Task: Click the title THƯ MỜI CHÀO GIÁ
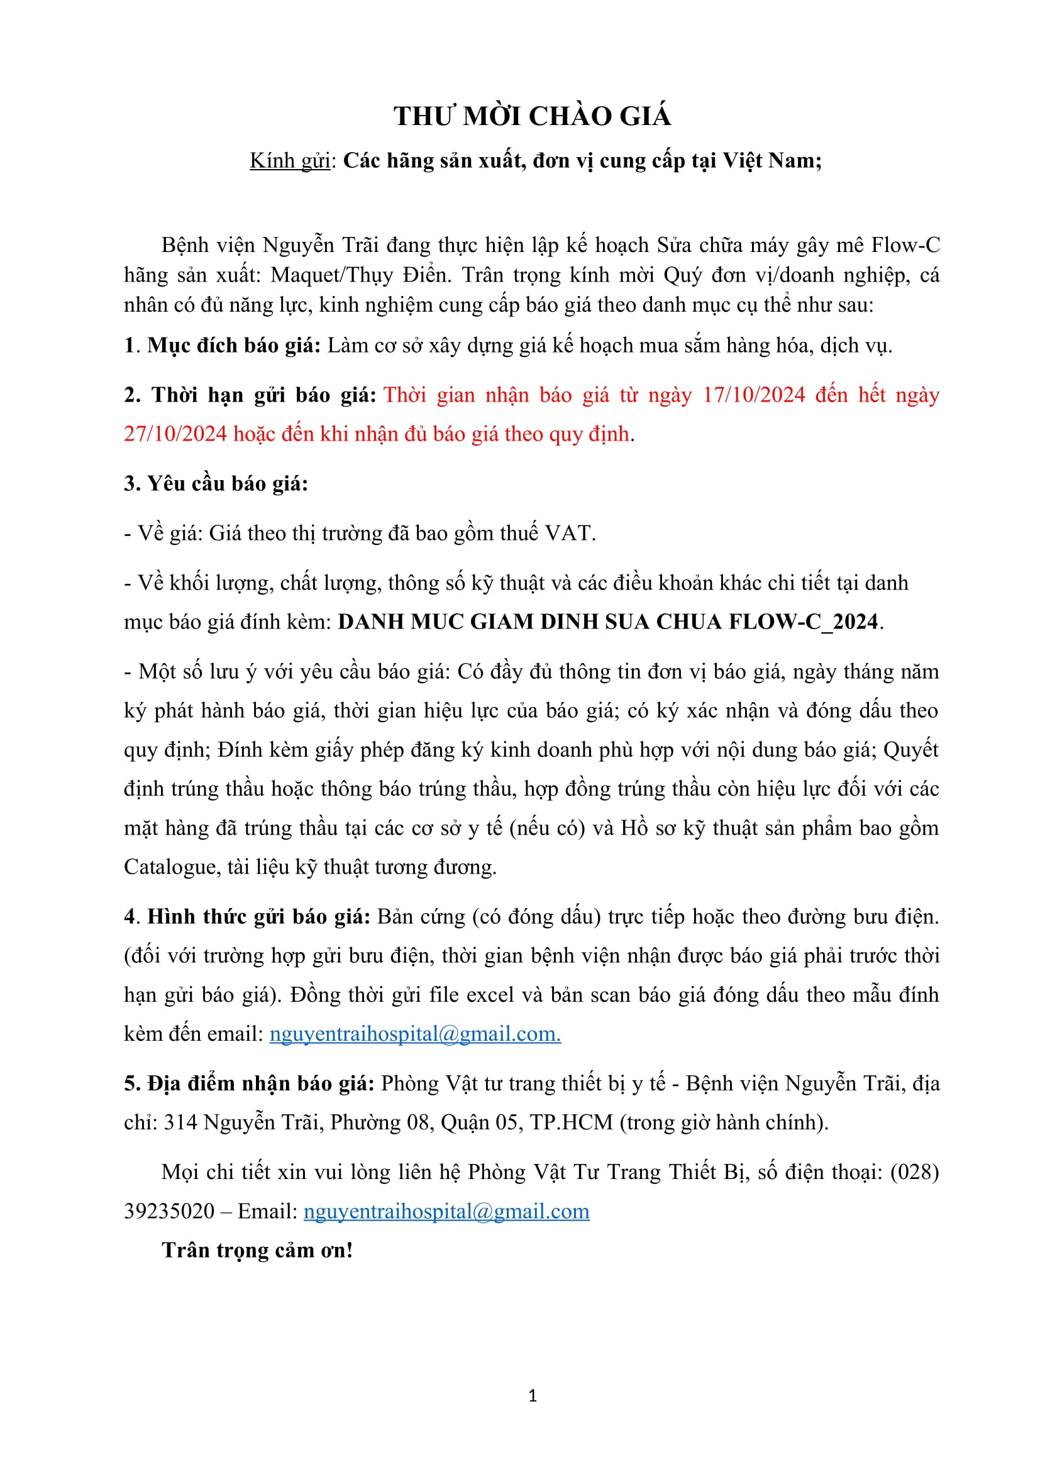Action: pos(532,116)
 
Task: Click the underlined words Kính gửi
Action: pos(290,160)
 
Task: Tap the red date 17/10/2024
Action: pos(754,395)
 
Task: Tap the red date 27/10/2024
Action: pos(175,434)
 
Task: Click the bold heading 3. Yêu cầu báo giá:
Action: pos(216,483)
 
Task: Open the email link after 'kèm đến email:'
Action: pos(415,1033)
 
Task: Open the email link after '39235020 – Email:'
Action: pos(446,1210)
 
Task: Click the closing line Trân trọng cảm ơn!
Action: pos(257,1250)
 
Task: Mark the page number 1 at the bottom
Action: pos(533,1396)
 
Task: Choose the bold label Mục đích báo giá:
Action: pos(234,345)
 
